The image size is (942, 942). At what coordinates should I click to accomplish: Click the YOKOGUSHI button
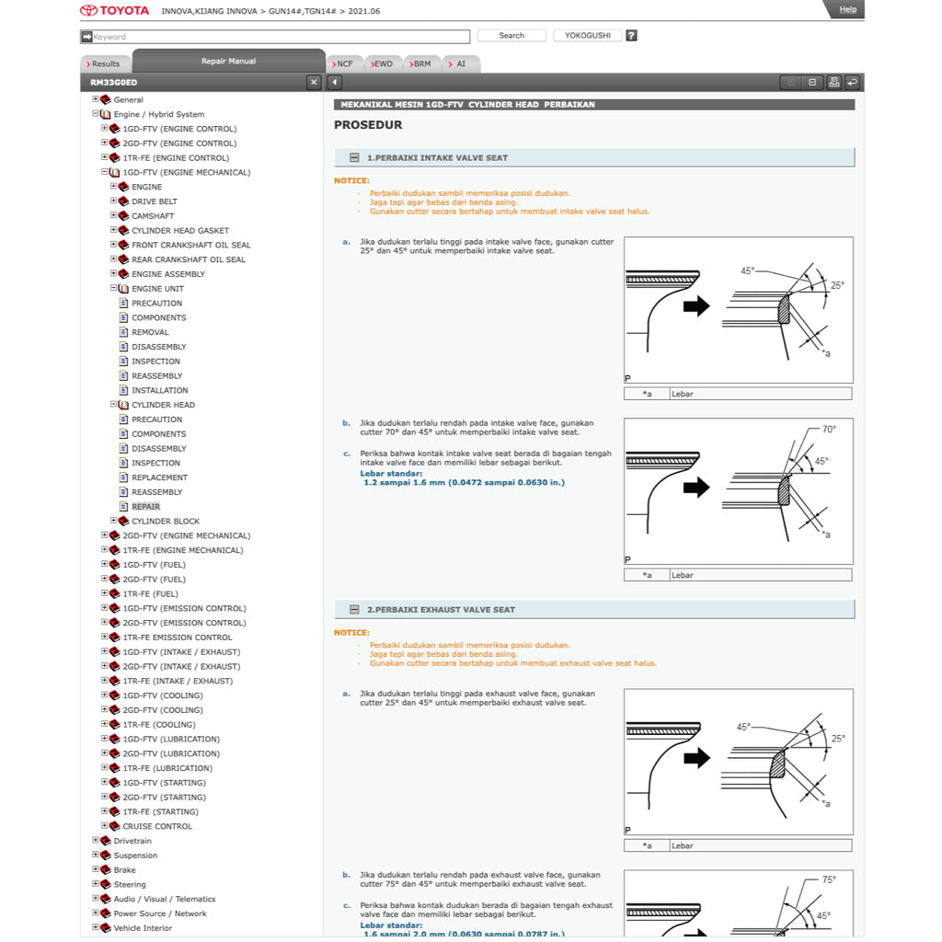click(x=588, y=36)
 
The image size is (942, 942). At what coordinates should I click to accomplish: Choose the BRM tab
click(x=419, y=64)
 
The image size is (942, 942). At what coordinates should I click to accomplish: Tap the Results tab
click(x=104, y=64)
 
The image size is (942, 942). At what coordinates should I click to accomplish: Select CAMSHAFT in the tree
click(x=153, y=216)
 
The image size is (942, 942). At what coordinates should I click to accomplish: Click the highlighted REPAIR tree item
click(x=145, y=507)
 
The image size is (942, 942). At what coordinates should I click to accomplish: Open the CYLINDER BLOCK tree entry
click(x=166, y=522)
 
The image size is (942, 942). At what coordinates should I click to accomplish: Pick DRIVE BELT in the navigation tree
click(x=155, y=201)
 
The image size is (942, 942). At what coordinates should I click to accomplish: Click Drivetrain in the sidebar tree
click(x=132, y=841)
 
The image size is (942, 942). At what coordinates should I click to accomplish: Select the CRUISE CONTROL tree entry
click(x=157, y=826)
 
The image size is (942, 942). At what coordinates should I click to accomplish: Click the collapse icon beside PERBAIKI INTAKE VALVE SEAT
click(x=354, y=158)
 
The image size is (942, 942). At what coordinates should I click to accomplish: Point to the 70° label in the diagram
click(x=829, y=430)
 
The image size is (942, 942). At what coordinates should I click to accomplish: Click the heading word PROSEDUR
click(x=368, y=125)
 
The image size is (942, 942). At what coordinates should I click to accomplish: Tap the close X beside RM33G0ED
click(x=314, y=83)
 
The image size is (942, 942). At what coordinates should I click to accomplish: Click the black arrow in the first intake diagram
click(x=696, y=306)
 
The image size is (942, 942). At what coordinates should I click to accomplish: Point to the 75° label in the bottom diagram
click(x=829, y=880)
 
